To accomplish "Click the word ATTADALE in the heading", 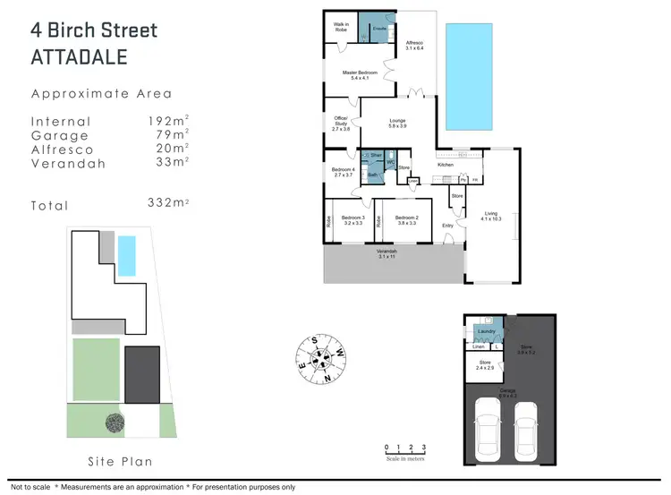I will (x=81, y=57).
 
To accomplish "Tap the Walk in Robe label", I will (x=341, y=27).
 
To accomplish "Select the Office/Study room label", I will (x=340, y=125).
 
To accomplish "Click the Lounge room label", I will (x=396, y=124).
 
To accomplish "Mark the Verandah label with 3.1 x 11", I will (x=386, y=254).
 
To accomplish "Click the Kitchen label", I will (x=445, y=165).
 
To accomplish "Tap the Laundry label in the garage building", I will (x=486, y=332).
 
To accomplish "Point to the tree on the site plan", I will (x=115, y=422).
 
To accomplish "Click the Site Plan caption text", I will (x=119, y=462).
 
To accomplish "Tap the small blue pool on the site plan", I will (x=127, y=255).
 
